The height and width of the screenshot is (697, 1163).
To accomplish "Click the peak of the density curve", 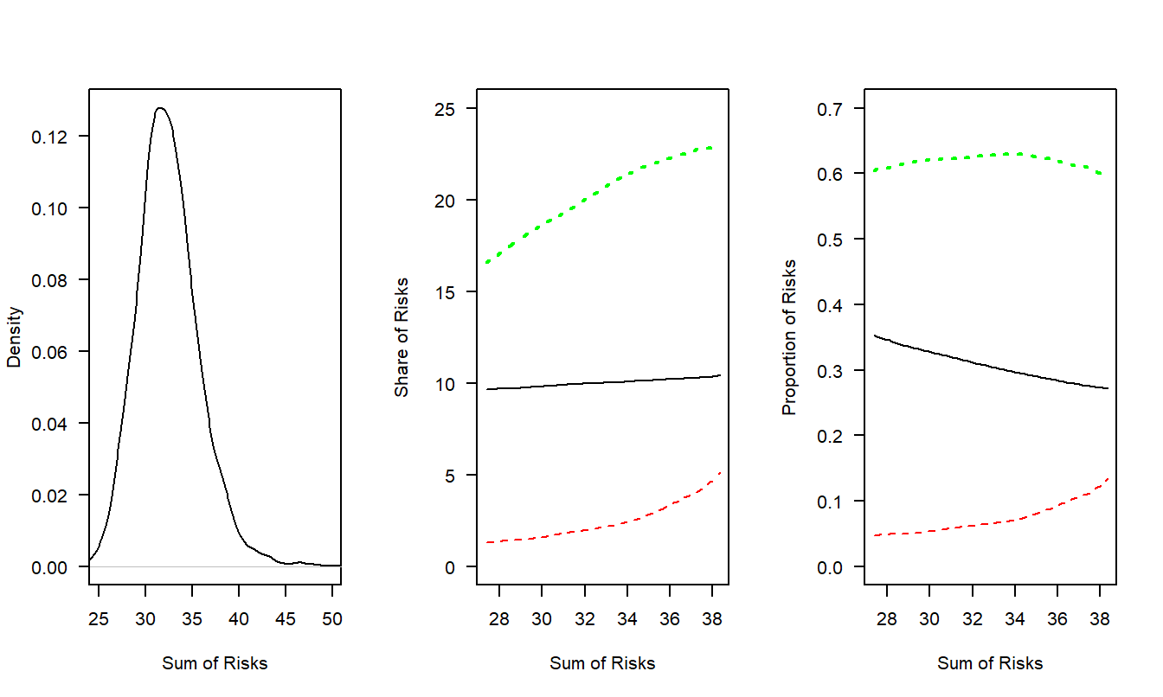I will [160, 108].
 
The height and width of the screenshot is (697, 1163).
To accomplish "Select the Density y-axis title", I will [15, 337].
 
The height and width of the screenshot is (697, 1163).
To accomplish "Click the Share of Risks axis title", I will [402, 337].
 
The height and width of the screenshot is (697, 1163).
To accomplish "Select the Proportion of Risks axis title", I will [790, 337].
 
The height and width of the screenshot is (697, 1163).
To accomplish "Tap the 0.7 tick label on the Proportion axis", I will [836, 109].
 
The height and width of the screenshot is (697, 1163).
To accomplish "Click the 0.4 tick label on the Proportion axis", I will [836, 305].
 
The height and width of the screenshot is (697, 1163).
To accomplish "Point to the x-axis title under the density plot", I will [215, 664].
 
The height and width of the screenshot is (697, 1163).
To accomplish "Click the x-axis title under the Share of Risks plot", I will [602, 664].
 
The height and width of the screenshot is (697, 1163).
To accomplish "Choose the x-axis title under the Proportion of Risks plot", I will [990, 664].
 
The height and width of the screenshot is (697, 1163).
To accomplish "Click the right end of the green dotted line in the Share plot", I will [712, 148].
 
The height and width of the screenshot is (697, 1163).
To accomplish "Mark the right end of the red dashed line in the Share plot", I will [720, 472].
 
